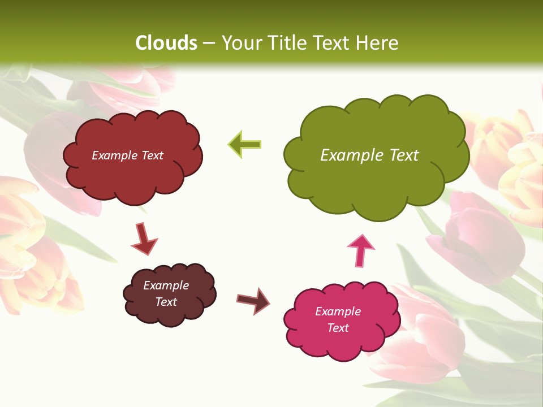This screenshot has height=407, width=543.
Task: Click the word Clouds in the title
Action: [x=166, y=43]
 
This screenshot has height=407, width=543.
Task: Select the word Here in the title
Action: [x=378, y=43]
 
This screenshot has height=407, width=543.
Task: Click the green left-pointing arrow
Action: [x=244, y=145]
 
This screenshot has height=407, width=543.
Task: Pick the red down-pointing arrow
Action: [x=144, y=239]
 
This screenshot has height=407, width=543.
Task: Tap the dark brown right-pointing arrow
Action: [x=253, y=300]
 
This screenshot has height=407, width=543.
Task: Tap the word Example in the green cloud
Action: [x=351, y=155]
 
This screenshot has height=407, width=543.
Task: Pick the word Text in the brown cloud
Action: [x=166, y=302]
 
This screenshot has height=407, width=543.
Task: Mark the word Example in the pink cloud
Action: [x=338, y=311]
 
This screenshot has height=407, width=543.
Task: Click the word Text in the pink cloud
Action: [x=338, y=328]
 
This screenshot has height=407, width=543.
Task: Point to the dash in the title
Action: [x=209, y=44]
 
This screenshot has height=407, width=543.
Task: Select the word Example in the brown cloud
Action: [x=166, y=285]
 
